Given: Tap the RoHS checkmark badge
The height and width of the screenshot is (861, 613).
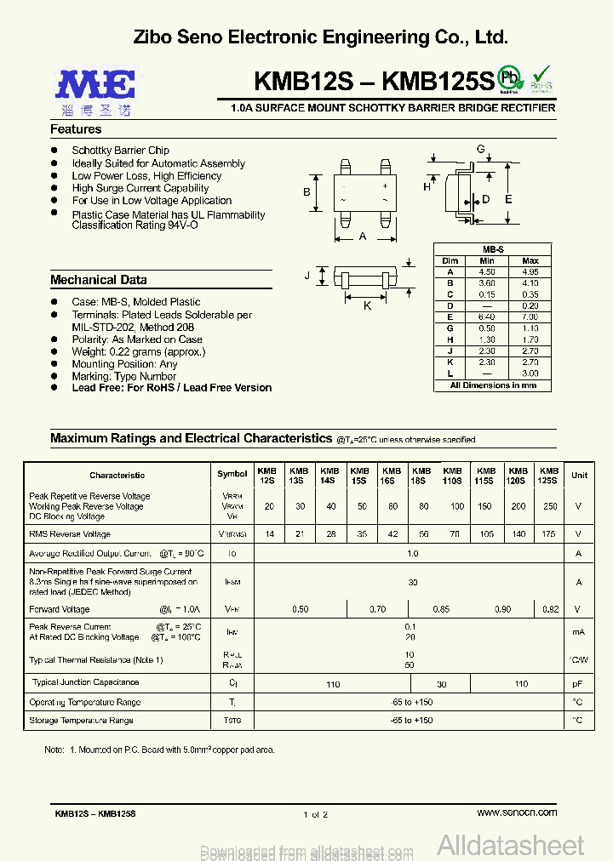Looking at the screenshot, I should (541, 79).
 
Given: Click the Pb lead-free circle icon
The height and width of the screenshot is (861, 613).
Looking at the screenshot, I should (510, 77).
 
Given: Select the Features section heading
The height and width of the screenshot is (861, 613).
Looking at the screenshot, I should (76, 129).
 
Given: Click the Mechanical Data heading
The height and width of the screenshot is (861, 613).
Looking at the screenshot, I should (98, 280).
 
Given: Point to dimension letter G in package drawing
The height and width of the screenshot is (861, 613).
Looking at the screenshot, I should (480, 150).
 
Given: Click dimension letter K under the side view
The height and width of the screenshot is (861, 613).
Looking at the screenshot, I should (368, 305).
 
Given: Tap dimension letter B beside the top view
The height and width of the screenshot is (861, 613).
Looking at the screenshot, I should (306, 192).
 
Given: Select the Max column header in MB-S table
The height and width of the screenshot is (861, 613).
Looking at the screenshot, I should (530, 261).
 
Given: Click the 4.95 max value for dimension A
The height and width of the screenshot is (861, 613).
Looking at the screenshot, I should (530, 271).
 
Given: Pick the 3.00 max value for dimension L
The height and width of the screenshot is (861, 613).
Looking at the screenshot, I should (530, 373).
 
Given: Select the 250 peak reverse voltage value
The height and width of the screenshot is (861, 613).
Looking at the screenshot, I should (549, 506).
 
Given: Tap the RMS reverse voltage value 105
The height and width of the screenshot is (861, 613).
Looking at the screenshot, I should (485, 534).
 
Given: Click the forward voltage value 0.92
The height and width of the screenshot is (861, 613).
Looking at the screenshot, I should (549, 609).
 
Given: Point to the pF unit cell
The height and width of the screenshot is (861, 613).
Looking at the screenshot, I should (579, 683).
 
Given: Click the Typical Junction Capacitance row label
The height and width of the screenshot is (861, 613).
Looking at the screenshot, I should (85, 682).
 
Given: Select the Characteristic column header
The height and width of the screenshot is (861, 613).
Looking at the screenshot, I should (117, 476).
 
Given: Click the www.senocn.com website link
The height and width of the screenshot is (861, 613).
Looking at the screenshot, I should (517, 813).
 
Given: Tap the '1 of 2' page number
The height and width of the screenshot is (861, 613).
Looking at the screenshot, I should (315, 815).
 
